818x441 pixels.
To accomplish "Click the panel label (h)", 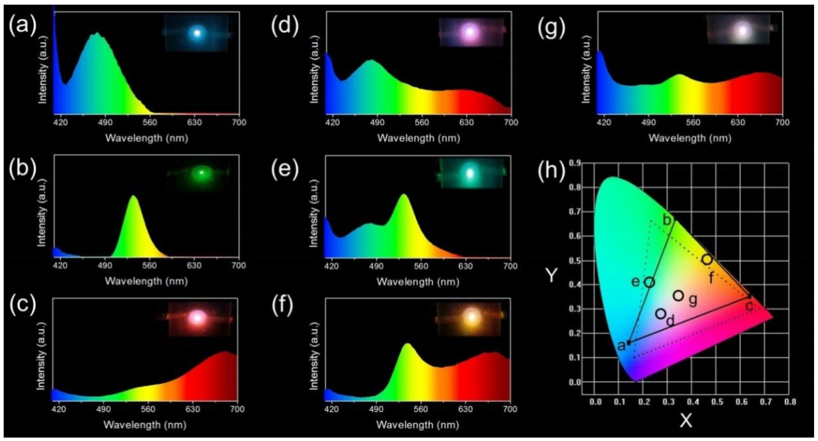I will click(x=551, y=171).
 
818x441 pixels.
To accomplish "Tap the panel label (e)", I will click(x=285, y=170).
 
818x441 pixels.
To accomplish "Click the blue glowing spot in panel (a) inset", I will click(x=197, y=33).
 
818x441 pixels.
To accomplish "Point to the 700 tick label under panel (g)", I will click(x=782, y=122).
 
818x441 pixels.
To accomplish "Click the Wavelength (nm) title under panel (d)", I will click(x=418, y=138).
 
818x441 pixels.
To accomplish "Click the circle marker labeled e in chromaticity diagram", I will click(x=650, y=282).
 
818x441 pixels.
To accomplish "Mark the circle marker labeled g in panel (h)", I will click(x=678, y=296).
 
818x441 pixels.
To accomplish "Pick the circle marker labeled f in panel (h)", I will click(x=707, y=259).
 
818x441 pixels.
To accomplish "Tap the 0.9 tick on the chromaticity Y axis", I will click(x=574, y=163).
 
